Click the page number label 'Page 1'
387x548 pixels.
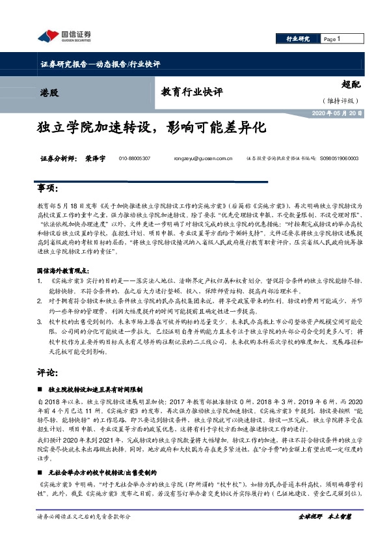pos(332,39)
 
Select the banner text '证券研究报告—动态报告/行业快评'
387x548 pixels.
pos(100,64)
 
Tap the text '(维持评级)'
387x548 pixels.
pos(340,101)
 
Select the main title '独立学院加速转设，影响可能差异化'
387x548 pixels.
pos(152,128)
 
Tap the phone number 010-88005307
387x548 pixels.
pos(135,158)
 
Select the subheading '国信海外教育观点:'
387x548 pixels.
pos(66,269)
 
